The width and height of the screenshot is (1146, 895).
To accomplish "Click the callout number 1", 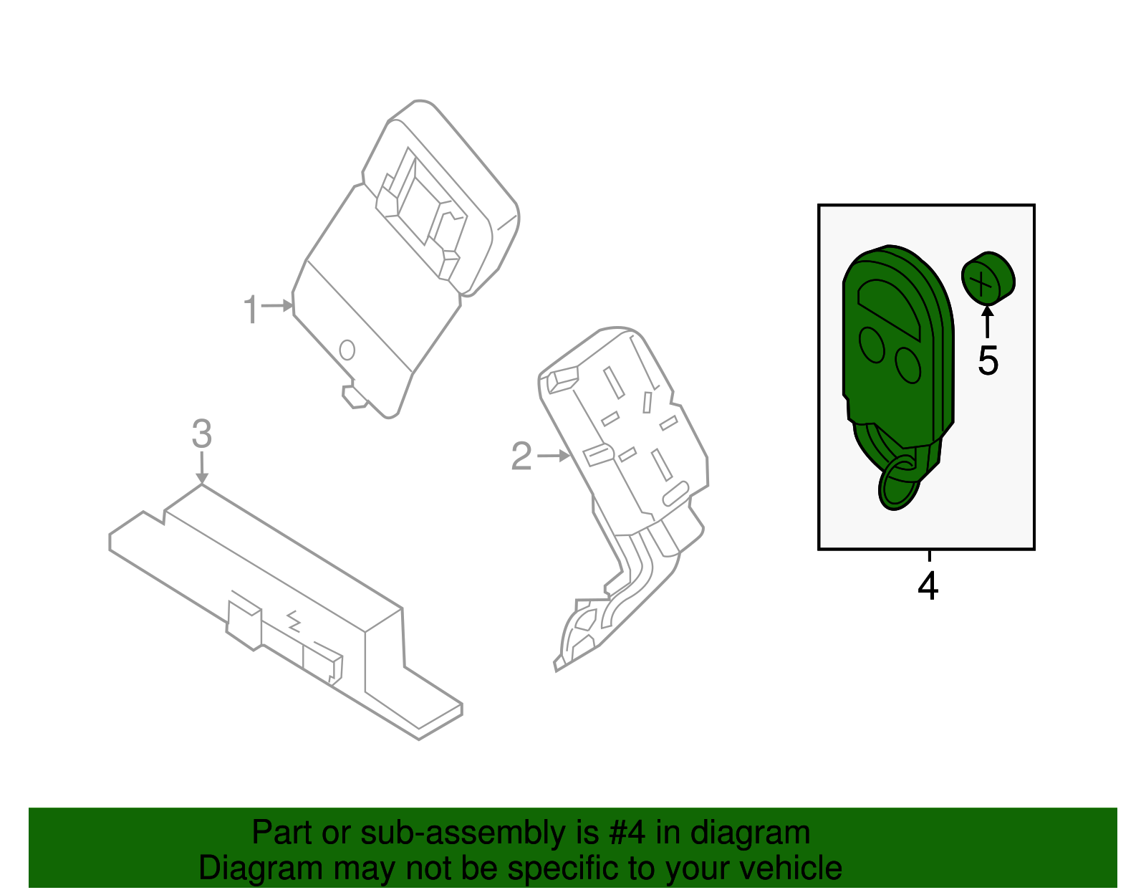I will [x=250, y=310].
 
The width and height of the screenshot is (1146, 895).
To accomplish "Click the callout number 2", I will [x=521, y=456].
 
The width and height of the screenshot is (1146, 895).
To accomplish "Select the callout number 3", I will [x=202, y=434].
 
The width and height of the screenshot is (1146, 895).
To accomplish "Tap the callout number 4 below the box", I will [x=928, y=587].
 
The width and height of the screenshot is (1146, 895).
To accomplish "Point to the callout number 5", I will [x=988, y=360].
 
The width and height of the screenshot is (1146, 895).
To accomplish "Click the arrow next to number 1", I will [x=278, y=306].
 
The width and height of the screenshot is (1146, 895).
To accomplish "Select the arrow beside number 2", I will [x=554, y=455].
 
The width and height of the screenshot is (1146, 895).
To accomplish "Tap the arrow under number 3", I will [x=202, y=469].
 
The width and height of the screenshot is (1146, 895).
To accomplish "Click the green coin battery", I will [x=988, y=279].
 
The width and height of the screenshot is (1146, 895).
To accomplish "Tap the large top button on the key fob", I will [x=888, y=305].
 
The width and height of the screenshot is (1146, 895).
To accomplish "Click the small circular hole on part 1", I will [x=347, y=350].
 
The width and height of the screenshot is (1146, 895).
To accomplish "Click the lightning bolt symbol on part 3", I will [x=294, y=620].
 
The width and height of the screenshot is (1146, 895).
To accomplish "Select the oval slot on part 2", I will [x=675, y=494].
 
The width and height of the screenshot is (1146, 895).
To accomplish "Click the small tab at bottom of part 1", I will [x=354, y=396].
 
